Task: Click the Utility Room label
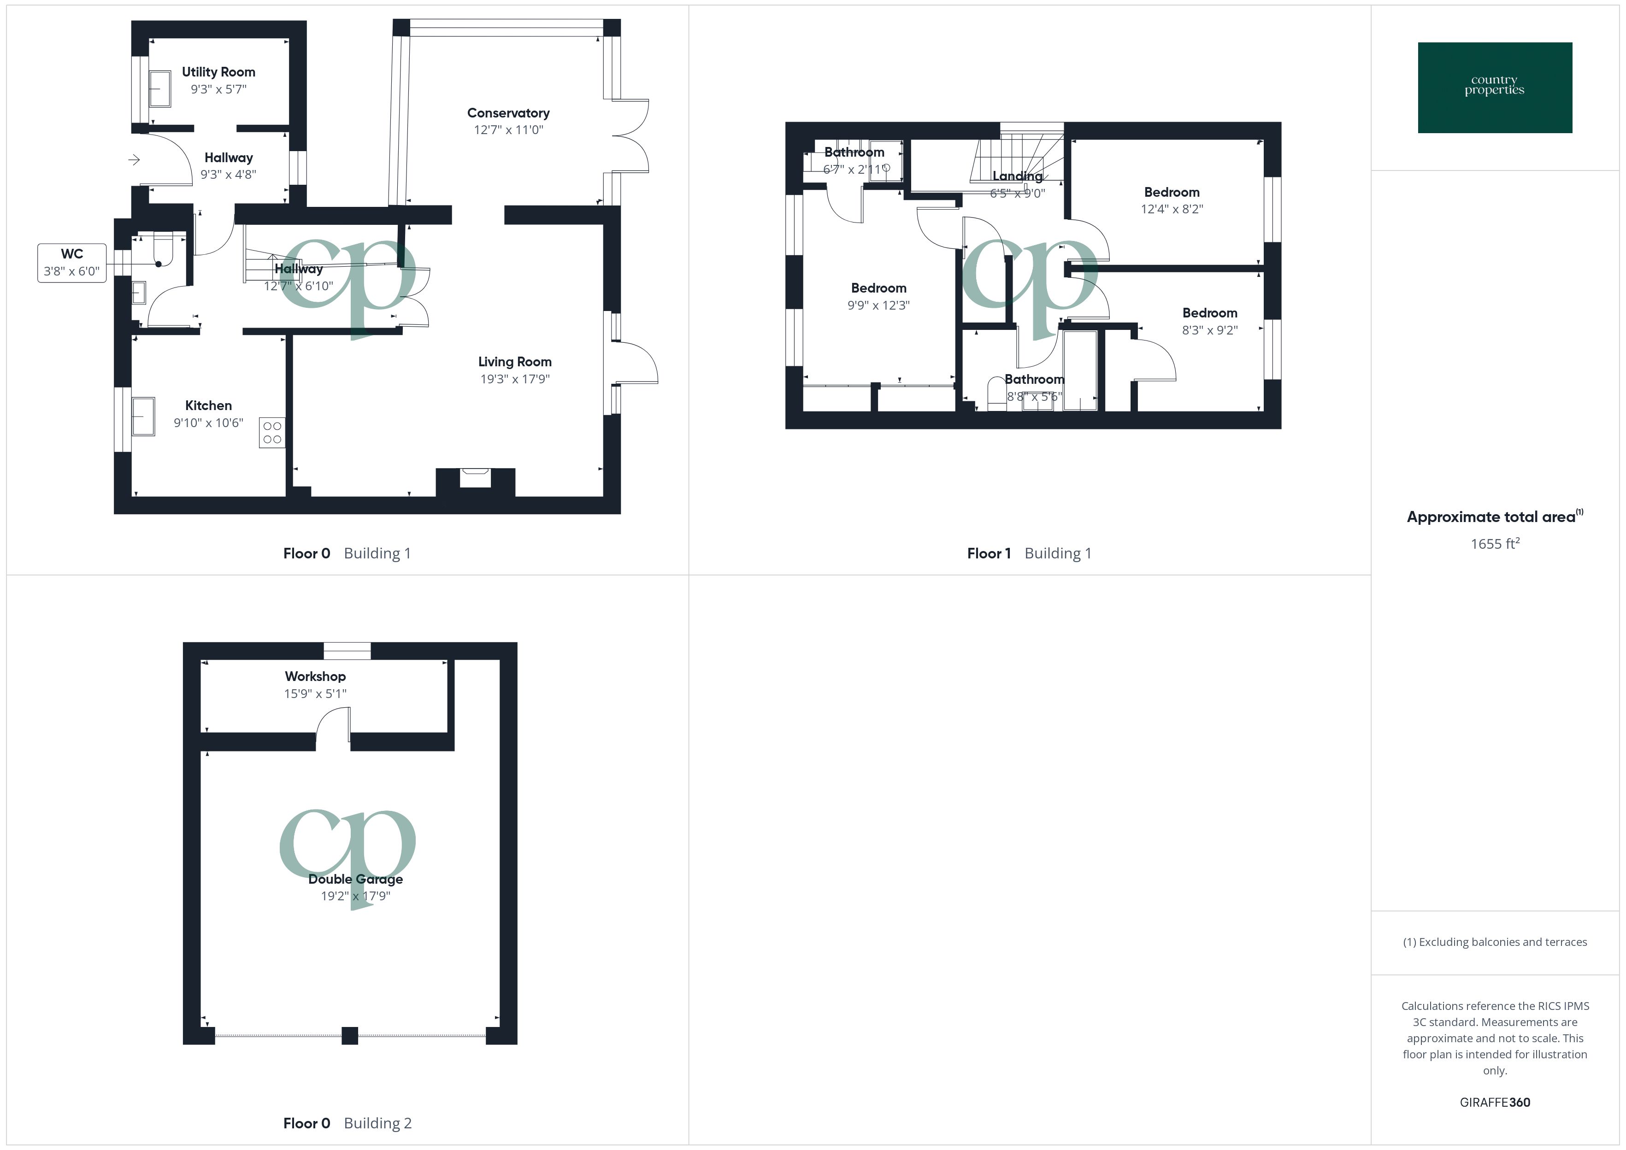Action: (218, 71)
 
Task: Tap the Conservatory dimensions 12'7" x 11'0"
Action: (508, 129)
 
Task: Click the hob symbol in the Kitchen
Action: (272, 433)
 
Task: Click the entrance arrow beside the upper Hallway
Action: (134, 160)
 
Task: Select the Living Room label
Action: (514, 361)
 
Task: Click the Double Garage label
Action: (355, 879)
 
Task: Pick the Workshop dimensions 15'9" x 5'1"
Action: (315, 693)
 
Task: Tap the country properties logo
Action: (1494, 88)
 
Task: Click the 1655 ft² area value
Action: (1494, 543)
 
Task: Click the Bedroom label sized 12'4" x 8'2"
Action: (1172, 192)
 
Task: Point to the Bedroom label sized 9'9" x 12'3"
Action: (878, 287)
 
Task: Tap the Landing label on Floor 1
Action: (1017, 176)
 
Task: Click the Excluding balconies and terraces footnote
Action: (1494, 942)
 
